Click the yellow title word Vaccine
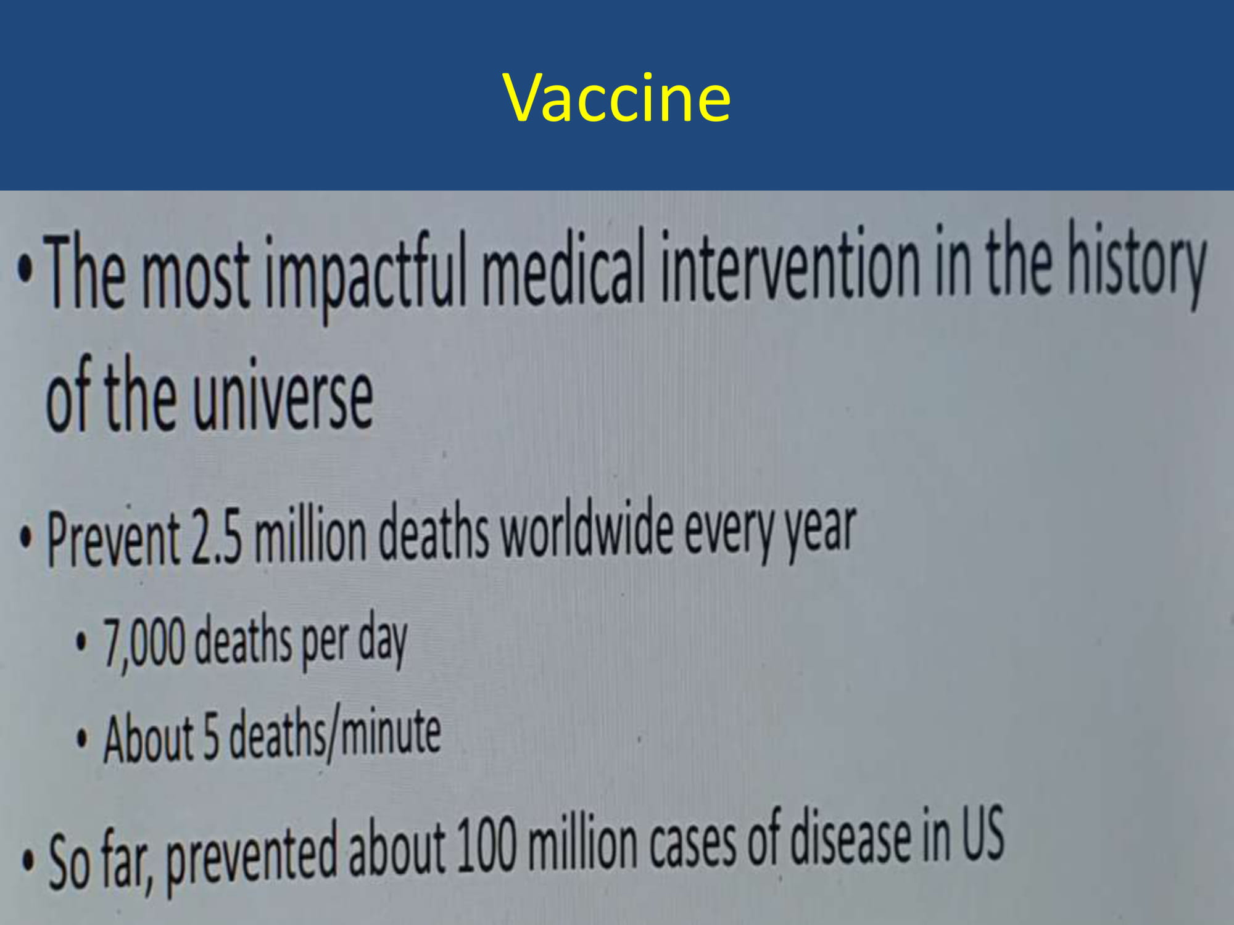(617, 97)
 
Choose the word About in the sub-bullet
(149, 738)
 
